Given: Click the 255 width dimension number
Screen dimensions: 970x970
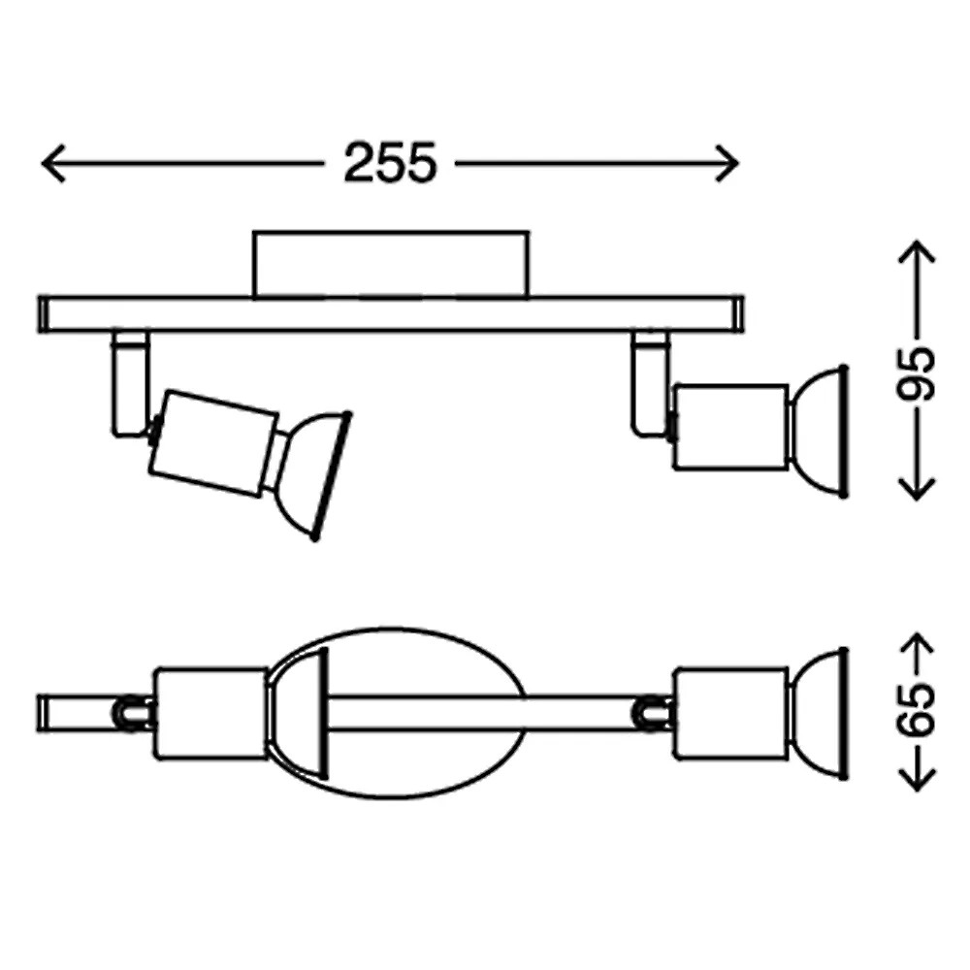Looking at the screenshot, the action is pos(390,163).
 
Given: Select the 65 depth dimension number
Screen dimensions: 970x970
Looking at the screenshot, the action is pos(917,710).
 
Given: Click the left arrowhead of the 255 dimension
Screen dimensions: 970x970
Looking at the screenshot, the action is pos(53,163).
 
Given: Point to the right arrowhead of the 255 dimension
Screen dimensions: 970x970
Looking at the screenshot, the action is pos(727,163).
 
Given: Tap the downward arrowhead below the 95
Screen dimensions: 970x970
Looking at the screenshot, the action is pos(917,489).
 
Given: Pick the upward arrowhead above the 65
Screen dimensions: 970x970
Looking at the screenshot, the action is pos(917,644).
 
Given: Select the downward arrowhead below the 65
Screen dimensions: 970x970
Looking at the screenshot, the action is pos(917,780).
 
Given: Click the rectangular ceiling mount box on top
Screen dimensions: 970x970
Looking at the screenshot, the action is pos(391,265).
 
